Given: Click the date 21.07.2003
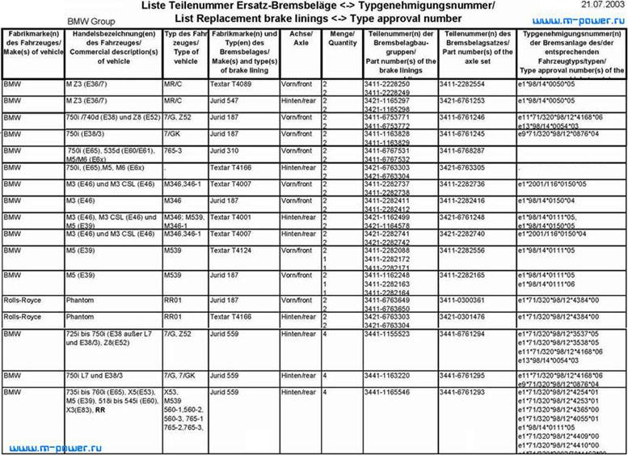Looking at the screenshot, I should click(x=601, y=5).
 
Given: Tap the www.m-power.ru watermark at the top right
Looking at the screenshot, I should click(x=580, y=19).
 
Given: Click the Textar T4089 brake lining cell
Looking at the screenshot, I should click(x=228, y=84).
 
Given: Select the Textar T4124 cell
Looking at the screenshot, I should click(x=228, y=251).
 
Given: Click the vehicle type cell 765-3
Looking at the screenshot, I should click(x=175, y=150).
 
